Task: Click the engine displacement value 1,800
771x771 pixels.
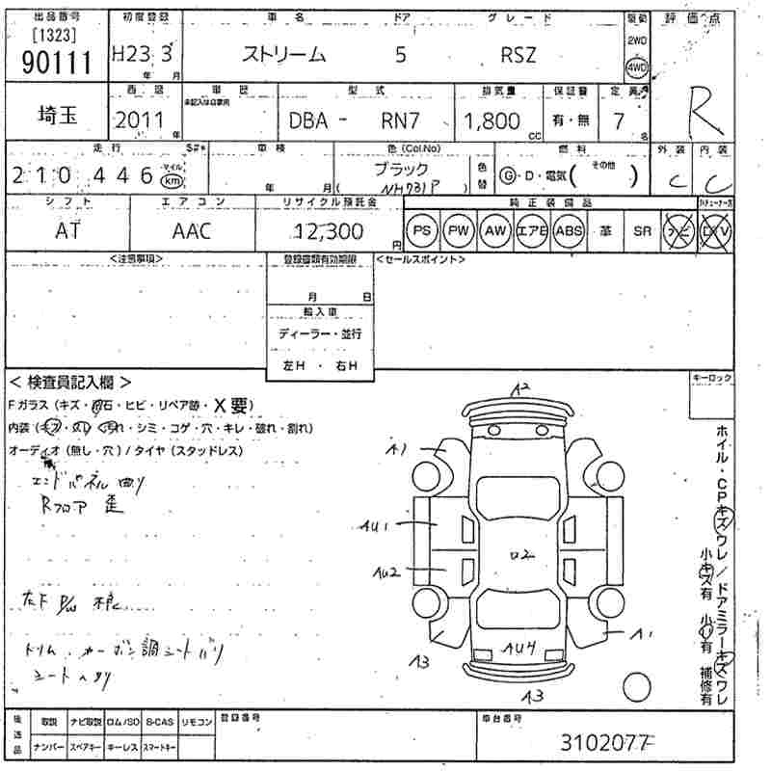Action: pos(492,121)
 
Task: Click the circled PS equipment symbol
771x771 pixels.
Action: pos(421,231)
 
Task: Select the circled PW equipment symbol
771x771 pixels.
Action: pos(457,231)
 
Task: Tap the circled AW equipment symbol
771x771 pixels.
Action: pos(494,231)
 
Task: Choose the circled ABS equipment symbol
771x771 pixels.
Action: pos(569,231)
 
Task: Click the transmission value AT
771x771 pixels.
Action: pos(67,231)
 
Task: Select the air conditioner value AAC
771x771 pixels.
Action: pos(192,231)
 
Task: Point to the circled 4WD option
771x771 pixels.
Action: pos(637,68)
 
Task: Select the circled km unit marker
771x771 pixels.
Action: pos(171,179)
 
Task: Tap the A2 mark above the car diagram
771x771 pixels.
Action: pos(521,389)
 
